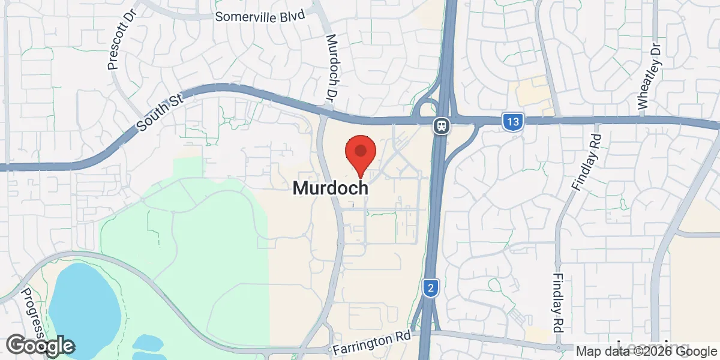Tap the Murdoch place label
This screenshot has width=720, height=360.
330,188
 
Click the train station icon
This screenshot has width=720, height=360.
441,126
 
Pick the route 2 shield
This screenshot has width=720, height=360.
430,288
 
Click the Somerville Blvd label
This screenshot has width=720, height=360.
260,16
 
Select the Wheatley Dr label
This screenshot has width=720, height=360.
650,76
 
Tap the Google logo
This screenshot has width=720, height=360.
40,346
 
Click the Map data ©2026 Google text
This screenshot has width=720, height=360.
647,352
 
